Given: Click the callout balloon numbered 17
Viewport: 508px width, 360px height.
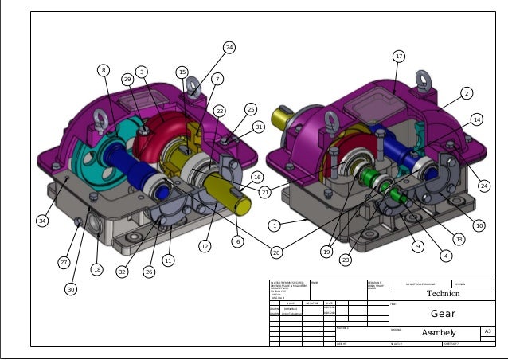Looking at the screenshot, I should click(399, 56).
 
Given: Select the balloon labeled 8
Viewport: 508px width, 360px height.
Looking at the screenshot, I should click(103, 71).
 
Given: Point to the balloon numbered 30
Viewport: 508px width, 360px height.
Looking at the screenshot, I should click(71, 289).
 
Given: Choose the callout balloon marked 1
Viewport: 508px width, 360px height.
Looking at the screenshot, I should click(274, 225).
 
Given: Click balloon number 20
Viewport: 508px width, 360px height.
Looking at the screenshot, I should click(276, 252).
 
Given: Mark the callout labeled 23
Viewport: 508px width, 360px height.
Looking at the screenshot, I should click(346, 260).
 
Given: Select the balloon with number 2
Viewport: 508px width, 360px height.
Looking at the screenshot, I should click(467, 93).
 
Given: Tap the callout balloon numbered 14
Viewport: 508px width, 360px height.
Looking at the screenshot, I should click(476, 119).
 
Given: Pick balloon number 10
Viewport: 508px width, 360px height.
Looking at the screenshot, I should click(479, 226).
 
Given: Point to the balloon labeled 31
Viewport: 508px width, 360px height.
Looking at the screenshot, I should click(258, 126).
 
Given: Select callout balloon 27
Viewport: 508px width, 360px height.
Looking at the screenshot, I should click(64, 262).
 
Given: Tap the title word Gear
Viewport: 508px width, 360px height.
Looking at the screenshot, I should click(443, 313).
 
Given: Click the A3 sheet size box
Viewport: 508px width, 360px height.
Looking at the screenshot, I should click(487, 331).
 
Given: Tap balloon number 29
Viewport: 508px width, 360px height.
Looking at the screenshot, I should click(127, 80).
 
